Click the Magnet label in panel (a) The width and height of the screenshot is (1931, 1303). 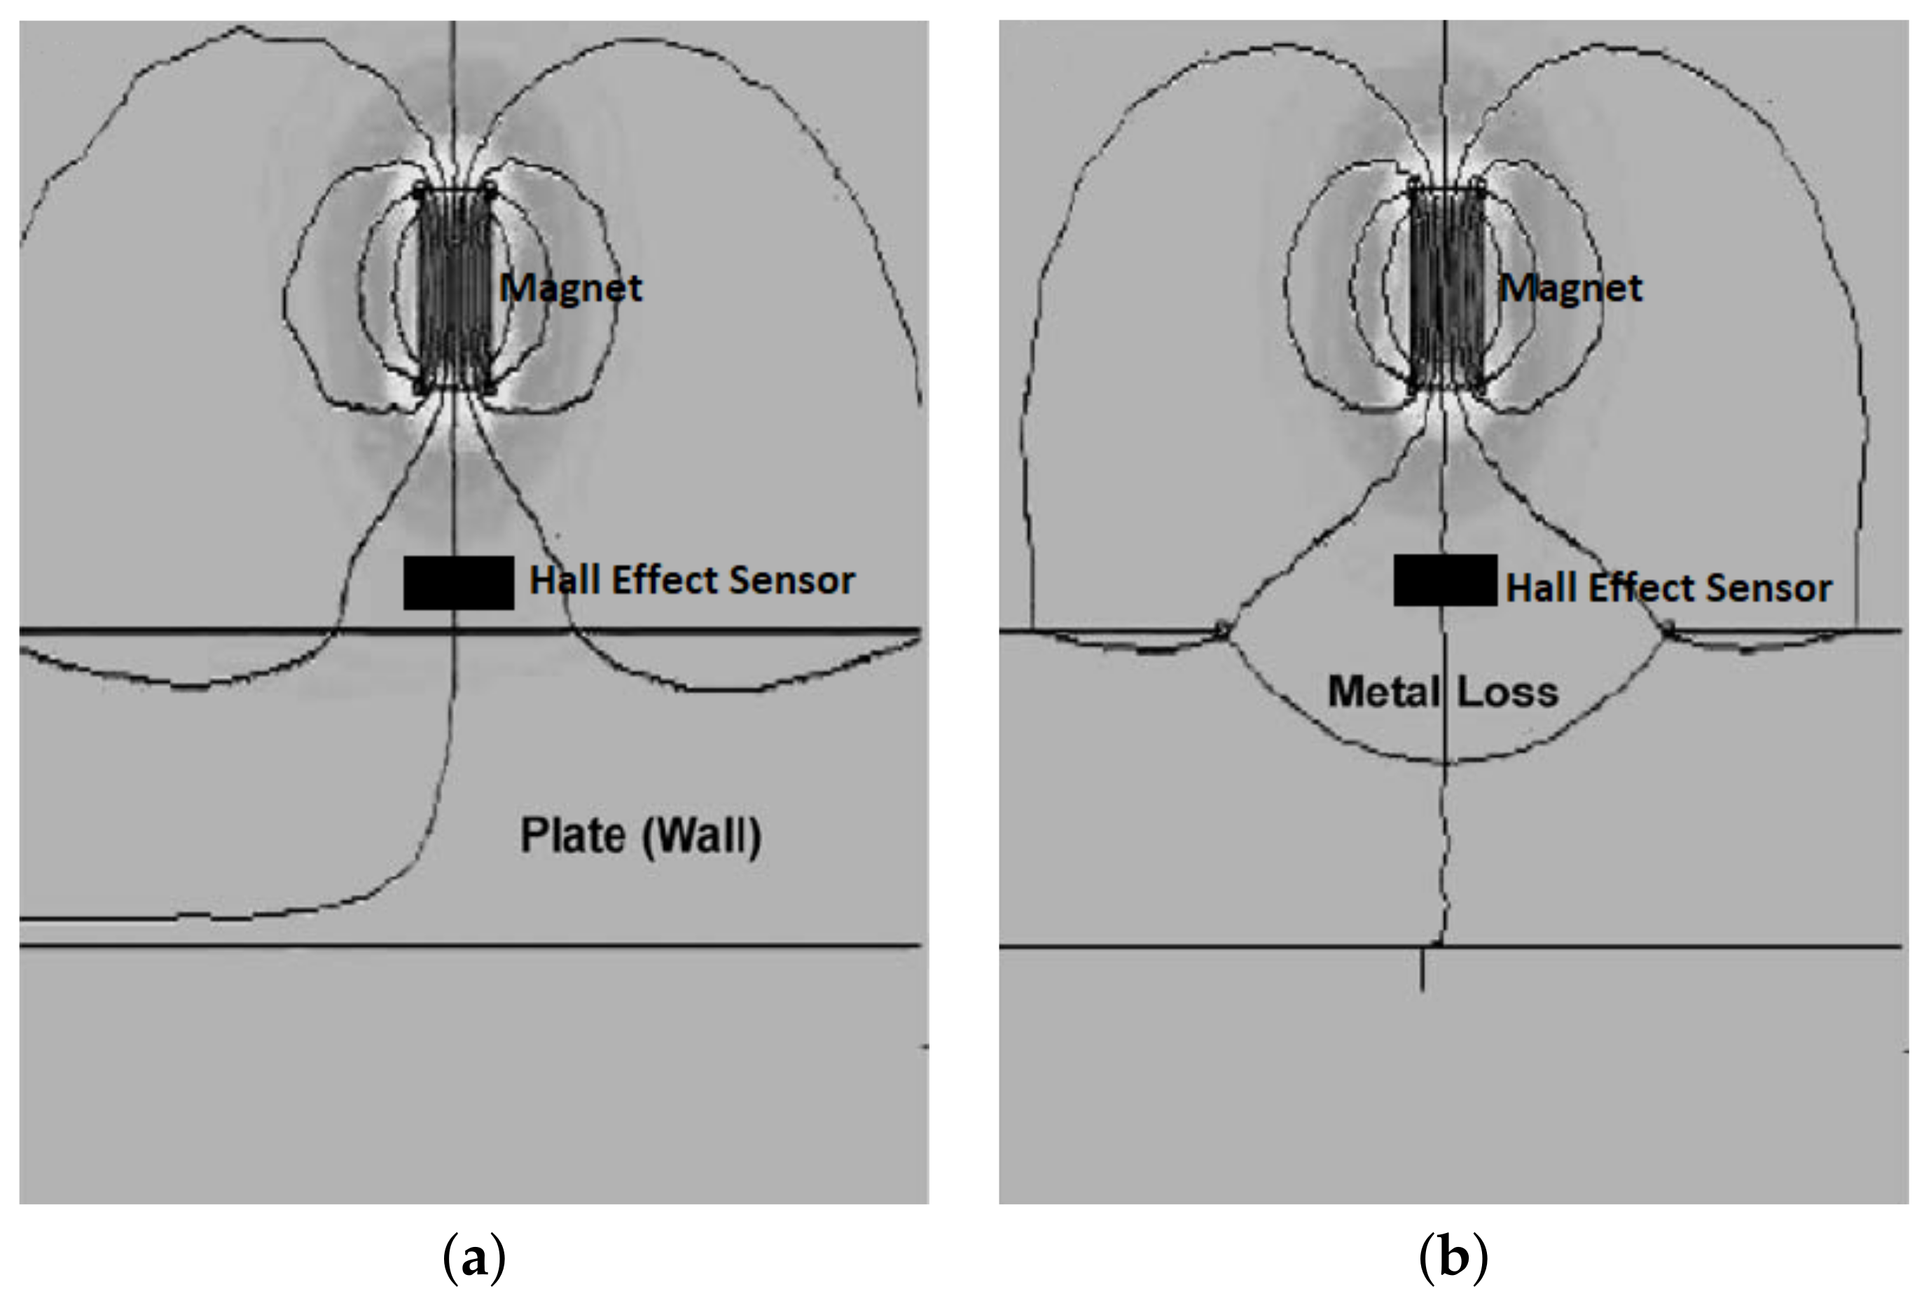point(571,289)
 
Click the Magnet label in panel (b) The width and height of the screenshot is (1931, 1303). point(1570,289)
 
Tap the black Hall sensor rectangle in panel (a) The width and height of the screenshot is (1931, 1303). point(458,583)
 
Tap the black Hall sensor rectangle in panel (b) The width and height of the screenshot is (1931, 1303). point(1445,580)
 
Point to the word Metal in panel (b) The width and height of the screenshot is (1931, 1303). point(1383,691)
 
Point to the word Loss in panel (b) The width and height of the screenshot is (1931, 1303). point(1507,691)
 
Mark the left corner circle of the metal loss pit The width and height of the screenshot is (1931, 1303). point(1221,629)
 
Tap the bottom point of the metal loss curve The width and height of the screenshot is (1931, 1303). point(1445,761)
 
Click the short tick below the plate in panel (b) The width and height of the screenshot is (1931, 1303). point(1423,971)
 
